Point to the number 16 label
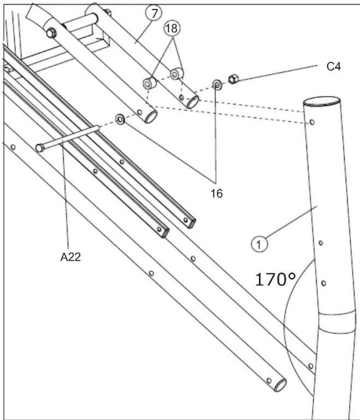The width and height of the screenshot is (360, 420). (x=217, y=193)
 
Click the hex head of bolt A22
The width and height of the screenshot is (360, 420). (x=40, y=147)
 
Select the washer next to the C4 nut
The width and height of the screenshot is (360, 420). (x=217, y=85)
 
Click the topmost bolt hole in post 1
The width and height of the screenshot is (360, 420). (x=312, y=122)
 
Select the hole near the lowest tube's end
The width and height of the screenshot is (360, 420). (x=269, y=380)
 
